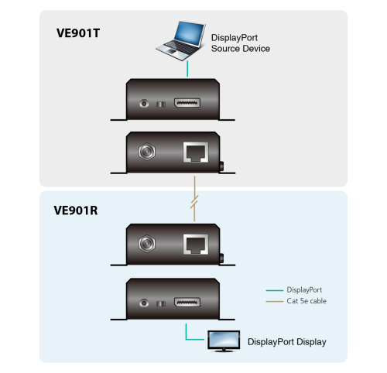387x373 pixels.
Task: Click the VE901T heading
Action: (78, 33)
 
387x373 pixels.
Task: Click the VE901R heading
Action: (76, 210)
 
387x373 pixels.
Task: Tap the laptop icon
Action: (180, 41)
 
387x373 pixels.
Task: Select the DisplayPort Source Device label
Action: (241, 43)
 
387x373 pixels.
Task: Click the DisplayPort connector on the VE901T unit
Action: (187, 103)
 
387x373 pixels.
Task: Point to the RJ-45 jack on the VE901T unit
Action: (196, 152)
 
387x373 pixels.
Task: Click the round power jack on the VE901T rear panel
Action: (147, 152)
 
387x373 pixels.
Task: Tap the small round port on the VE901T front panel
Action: (144, 104)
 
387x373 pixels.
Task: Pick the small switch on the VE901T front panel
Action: (161, 104)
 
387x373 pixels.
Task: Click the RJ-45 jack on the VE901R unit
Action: (196, 245)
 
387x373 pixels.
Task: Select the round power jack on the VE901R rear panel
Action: (147, 244)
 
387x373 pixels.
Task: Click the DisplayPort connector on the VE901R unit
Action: (187, 303)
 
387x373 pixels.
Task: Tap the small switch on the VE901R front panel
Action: (161, 303)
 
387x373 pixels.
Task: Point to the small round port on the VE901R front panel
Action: (144, 303)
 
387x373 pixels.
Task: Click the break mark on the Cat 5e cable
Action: (194, 202)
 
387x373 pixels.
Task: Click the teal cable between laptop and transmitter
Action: (187, 69)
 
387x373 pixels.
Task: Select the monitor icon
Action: (224, 341)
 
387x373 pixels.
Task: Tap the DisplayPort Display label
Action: (287, 342)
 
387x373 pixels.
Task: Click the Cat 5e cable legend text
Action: (307, 301)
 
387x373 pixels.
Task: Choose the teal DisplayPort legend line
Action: (275, 290)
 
